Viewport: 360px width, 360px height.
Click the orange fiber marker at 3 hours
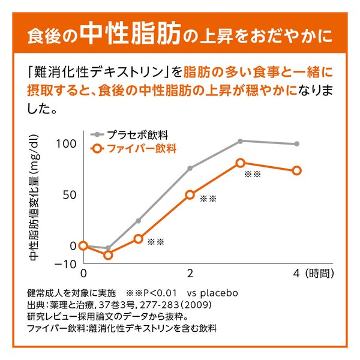pyautogui.click(x=240, y=163)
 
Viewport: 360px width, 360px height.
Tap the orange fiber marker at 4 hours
pyautogui.click(x=296, y=171)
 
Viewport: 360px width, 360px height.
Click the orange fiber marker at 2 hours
pyautogui.click(x=190, y=195)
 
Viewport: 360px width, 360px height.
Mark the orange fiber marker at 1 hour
pyautogui.click(x=138, y=239)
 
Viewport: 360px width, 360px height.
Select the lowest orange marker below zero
pyautogui.click(x=108, y=255)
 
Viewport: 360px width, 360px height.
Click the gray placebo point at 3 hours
pyautogui.click(x=240, y=141)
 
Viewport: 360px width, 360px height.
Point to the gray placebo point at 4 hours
pyautogui.click(x=296, y=144)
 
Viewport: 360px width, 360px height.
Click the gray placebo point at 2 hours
pyautogui.click(x=190, y=169)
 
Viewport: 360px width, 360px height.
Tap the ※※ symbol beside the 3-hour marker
pyautogui.click(x=252, y=175)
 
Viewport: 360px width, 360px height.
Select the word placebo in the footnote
pyautogui.click(x=219, y=294)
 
